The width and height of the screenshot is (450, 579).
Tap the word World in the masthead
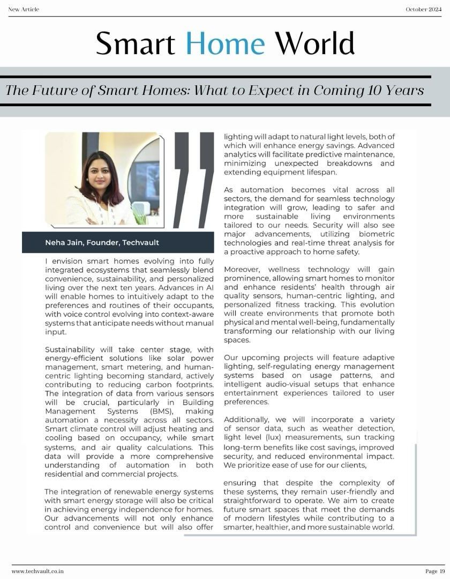pyautogui.click(x=314, y=43)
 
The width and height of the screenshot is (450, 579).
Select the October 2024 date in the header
pyautogui.click(x=423, y=9)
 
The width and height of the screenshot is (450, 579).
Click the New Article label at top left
pyautogui.click(x=24, y=9)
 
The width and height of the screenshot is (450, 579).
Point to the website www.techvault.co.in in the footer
pyautogui.click(x=38, y=571)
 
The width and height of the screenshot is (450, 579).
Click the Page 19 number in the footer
pyautogui.click(x=435, y=571)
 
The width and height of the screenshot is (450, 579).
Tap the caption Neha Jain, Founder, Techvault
pyautogui.click(x=102, y=242)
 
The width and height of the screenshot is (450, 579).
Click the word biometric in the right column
pyautogui.click(x=376, y=234)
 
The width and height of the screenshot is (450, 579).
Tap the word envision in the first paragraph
pyautogui.click(x=69, y=261)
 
